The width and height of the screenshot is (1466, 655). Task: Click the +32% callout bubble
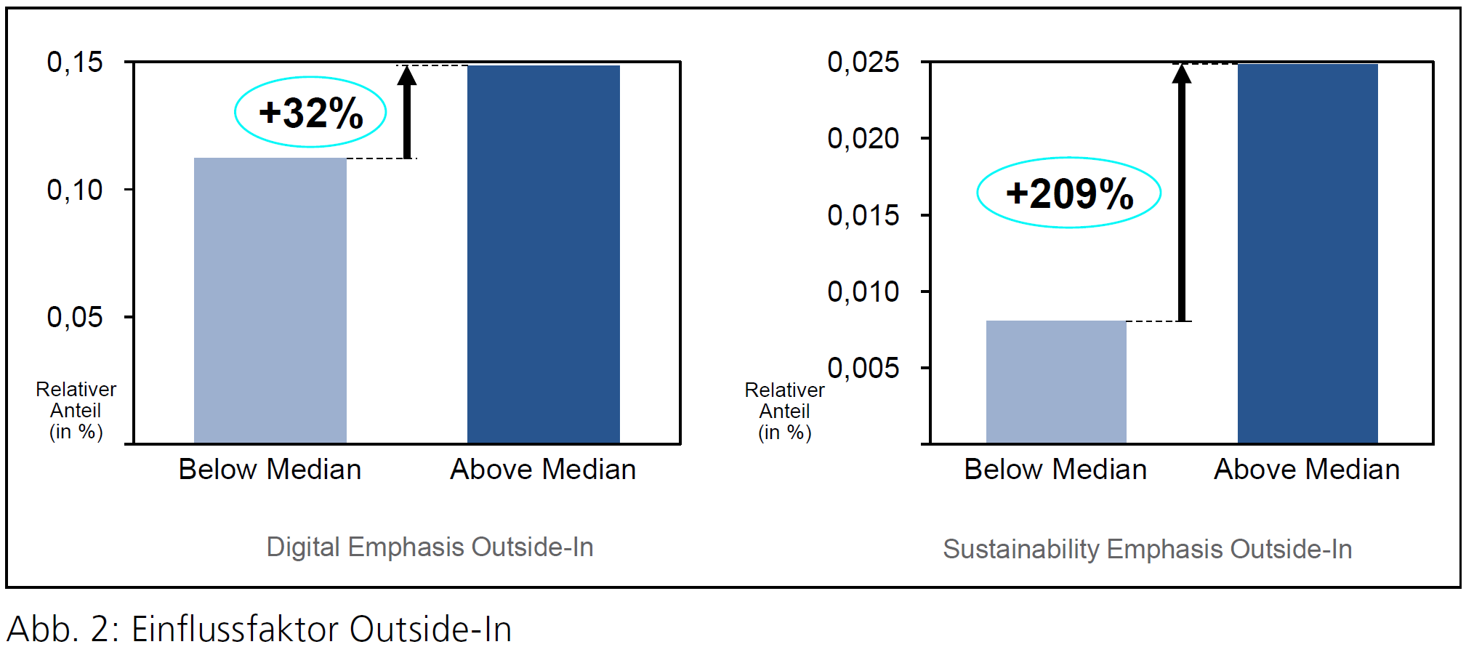[x=310, y=113]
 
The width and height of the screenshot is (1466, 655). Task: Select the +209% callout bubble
[x=1068, y=193]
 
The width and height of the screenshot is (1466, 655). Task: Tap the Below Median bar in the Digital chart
[x=270, y=300]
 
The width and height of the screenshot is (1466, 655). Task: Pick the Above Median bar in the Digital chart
[x=543, y=254]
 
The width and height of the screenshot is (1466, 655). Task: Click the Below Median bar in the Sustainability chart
[x=1055, y=382]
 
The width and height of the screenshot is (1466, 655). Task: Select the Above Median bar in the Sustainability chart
[x=1307, y=254]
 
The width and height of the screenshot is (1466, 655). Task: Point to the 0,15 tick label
[x=75, y=63]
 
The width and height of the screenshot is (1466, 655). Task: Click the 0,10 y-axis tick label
[x=75, y=190]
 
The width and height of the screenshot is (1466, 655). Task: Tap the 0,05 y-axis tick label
[x=75, y=318]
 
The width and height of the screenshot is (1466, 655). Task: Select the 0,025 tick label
[x=863, y=63]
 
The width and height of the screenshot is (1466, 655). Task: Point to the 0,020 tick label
[x=863, y=138]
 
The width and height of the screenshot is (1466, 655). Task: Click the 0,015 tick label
[x=863, y=215]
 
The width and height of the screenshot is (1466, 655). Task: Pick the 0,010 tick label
[x=863, y=292]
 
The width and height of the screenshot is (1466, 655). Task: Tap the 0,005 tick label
[x=863, y=368]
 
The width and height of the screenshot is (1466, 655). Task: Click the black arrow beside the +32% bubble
[x=407, y=113]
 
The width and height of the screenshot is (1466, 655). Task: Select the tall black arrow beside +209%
[x=1182, y=193]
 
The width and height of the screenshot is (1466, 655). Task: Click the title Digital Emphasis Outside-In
[x=430, y=547]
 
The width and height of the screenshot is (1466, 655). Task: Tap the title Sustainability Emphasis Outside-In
[x=1147, y=549]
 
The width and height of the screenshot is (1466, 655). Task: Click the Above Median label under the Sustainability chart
[x=1306, y=470]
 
